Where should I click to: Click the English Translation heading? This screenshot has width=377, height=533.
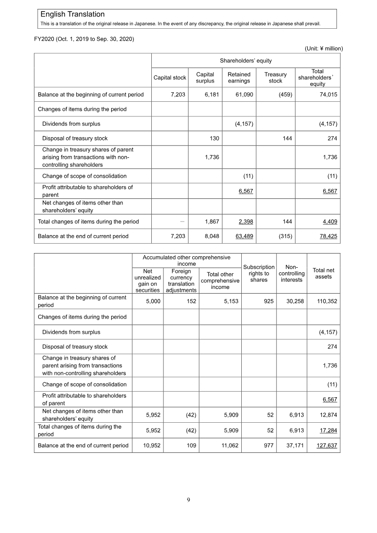coord(73,15)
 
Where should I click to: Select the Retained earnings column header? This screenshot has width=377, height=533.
coord(239,78)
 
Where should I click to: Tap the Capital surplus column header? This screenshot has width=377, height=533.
coord(205,78)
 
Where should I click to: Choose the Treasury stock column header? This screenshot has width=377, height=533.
coord(275,78)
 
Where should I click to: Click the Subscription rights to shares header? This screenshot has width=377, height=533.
coord(259,273)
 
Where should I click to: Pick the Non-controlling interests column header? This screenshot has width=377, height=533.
coord(291,273)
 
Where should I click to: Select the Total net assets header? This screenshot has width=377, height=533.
coord(323,273)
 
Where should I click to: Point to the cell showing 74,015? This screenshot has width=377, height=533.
coord(327,95)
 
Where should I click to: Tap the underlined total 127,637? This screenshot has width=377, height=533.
coord(326,445)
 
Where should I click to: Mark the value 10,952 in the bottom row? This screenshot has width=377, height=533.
coord(151,445)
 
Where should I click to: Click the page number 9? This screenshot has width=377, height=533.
coord(188,500)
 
